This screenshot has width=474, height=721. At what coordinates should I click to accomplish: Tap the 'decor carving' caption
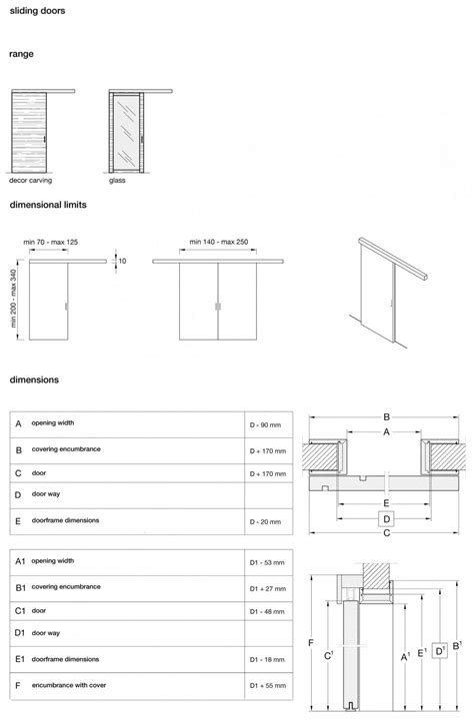tap(32, 182)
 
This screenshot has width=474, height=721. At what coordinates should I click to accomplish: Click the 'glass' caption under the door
tap(118, 182)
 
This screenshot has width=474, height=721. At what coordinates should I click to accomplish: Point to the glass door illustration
tap(127, 134)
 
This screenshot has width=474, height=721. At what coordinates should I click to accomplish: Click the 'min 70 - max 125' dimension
tap(52, 243)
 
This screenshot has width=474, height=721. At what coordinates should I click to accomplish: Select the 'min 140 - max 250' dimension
tap(219, 243)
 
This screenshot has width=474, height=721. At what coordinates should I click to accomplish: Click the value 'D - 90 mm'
tap(266, 425)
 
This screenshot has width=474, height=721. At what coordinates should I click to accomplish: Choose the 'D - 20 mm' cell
tap(266, 521)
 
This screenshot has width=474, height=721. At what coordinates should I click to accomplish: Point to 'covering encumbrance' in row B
tap(65, 449)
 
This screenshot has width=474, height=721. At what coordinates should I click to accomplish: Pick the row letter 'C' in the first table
tap(18, 472)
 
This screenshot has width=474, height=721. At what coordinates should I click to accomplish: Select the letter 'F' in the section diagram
tap(312, 642)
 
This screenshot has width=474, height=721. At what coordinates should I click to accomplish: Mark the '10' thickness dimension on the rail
tap(122, 261)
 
